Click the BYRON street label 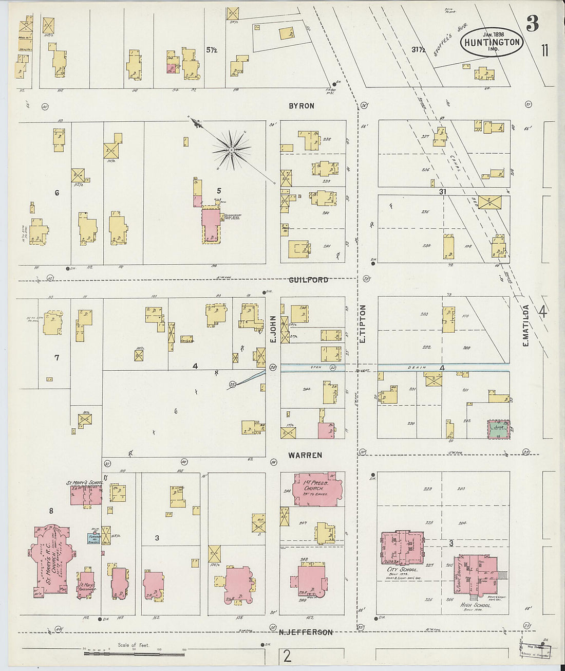tap(301, 105)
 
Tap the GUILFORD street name tap(308, 280)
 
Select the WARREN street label tap(305, 455)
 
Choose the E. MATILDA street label tap(525, 325)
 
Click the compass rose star tap(232, 150)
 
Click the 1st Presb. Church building tap(317, 488)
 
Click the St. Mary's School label tap(84, 483)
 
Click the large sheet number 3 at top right tap(532, 23)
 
